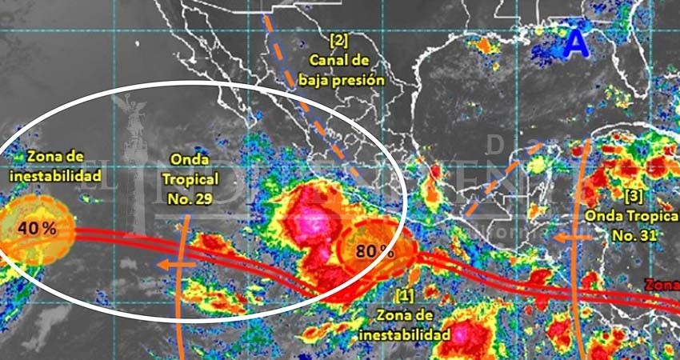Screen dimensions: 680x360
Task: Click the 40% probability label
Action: click(x=38, y=228)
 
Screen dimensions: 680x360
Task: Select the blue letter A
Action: click(x=574, y=44)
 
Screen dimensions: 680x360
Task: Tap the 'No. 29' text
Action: click(x=192, y=199)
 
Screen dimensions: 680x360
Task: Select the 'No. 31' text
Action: click(x=633, y=235)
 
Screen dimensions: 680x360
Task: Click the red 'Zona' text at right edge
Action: click(x=664, y=286)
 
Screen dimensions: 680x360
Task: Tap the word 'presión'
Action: click(x=362, y=80)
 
